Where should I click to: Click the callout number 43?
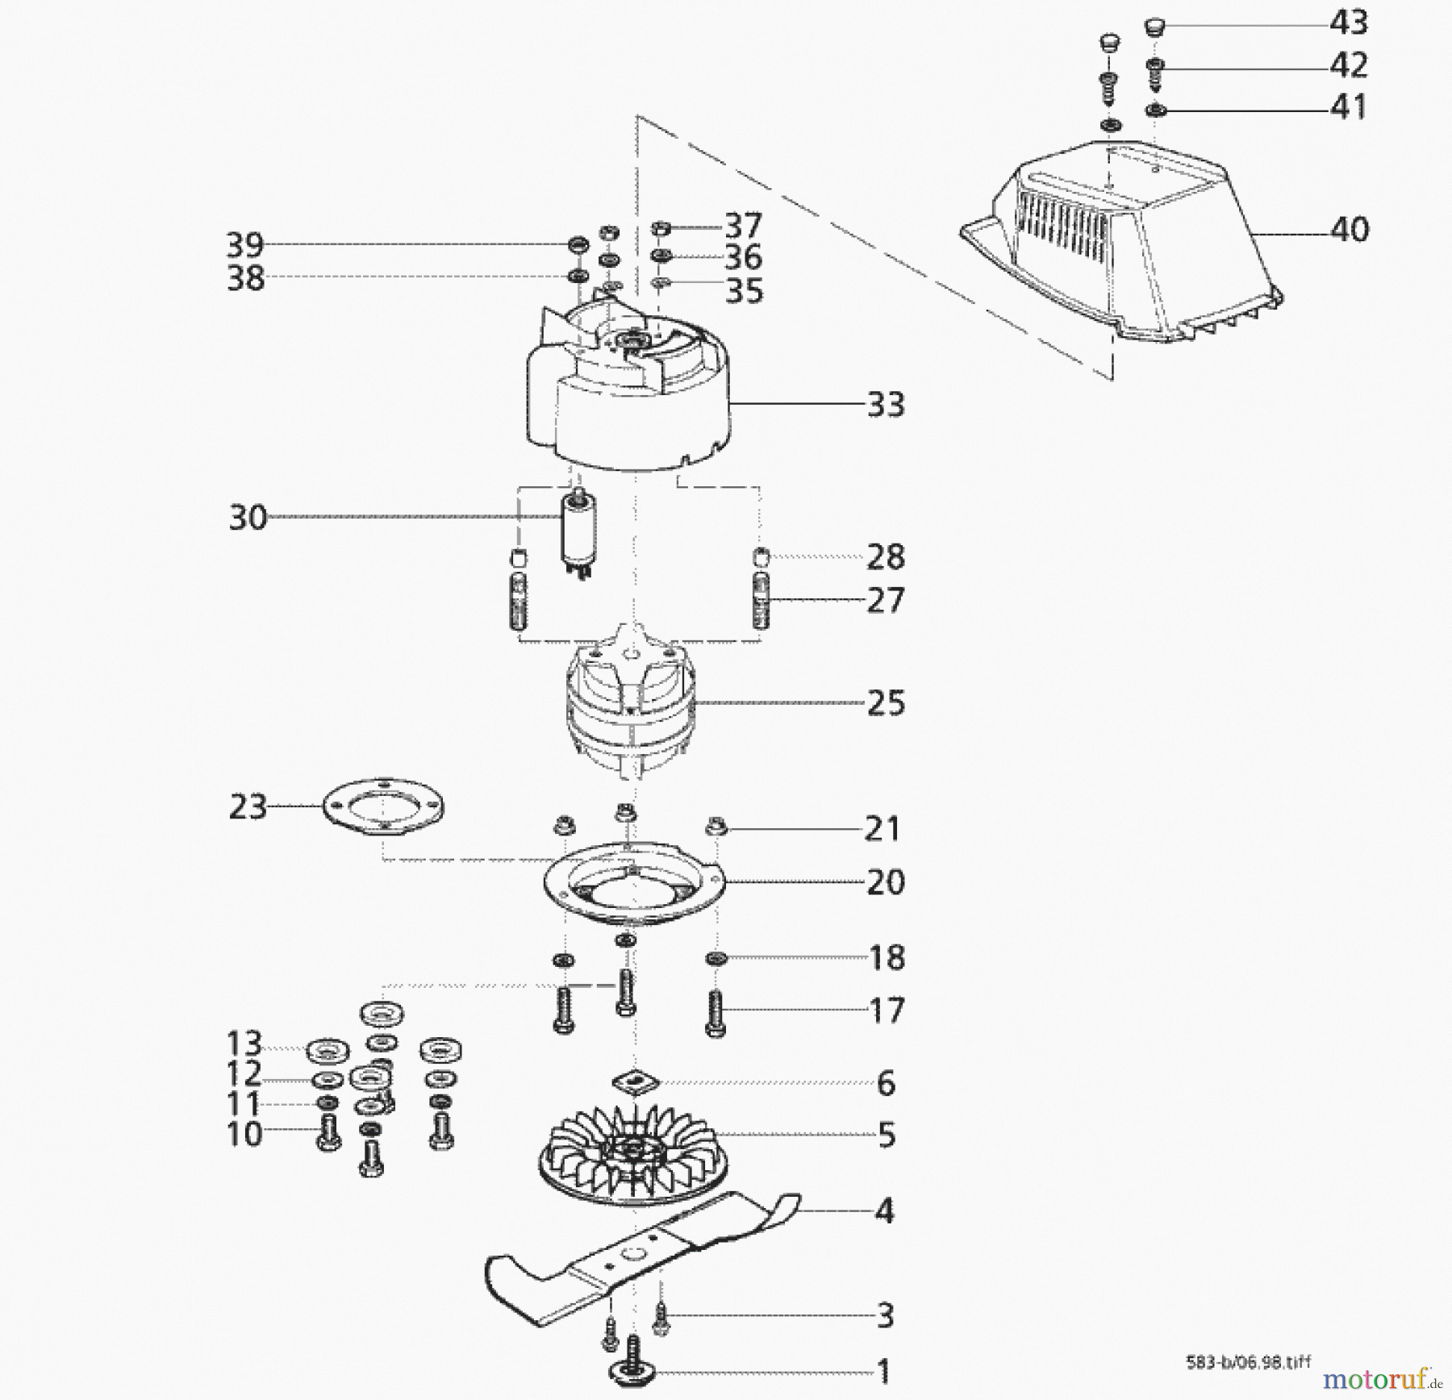[1349, 23]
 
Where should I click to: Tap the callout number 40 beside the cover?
[1350, 230]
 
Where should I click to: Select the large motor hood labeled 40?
[1129, 242]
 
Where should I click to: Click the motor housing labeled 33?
[629, 403]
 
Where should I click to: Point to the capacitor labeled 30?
[578, 528]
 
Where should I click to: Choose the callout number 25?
[886, 703]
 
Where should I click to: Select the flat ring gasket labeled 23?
[382, 806]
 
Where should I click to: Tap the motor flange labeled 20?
[633, 887]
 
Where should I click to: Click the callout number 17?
[887, 1010]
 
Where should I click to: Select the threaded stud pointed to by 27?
[761, 601]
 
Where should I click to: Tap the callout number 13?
[244, 1044]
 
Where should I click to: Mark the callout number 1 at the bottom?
[883, 1371]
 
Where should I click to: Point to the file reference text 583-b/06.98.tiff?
[1249, 1361]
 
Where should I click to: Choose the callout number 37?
[743, 226]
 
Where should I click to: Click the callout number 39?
[244, 244]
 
